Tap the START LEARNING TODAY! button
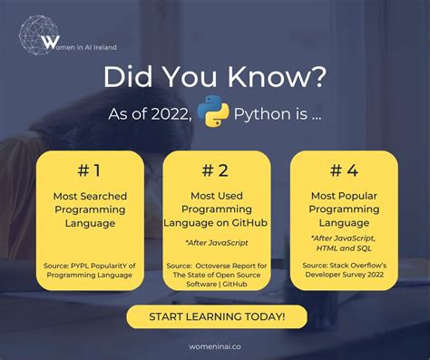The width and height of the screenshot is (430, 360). (x=216, y=316)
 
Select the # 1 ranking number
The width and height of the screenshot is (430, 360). (x=89, y=170)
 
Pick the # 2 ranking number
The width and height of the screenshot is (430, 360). (x=216, y=170)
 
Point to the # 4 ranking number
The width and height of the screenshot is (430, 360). (x=343, y=170)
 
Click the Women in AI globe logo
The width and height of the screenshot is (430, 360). (x=43, y=35)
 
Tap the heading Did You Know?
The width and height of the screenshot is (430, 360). (x=215, y=76)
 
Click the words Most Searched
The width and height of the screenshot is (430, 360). (x=89, y=195)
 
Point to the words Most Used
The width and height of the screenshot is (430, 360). (x=216, y=195)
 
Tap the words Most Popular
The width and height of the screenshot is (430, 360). (x=343, y=195)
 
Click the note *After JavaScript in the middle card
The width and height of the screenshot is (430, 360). (x=216, y=242)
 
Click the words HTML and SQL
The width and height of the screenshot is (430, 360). (x=343, y=248)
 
